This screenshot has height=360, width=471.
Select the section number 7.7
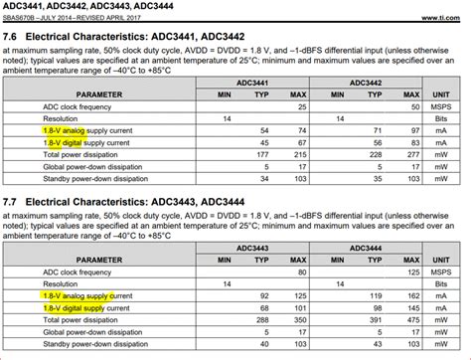coord(12,204)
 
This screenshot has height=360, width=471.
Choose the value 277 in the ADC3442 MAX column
coord(404,154)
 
